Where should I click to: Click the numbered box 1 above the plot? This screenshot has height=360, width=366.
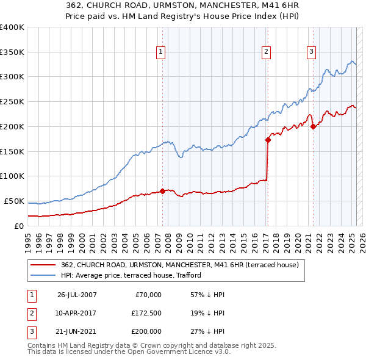click(160, 52)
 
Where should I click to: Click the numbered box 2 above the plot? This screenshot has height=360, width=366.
click(267, 52)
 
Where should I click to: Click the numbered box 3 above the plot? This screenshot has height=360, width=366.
click(311, 52)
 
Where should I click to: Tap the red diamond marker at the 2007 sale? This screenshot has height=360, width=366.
click(162, 190)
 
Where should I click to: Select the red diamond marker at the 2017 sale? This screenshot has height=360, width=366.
click(268, 140)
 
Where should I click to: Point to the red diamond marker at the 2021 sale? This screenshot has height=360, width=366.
click(313, 127)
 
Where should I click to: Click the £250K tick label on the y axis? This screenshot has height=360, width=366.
click(12, 101)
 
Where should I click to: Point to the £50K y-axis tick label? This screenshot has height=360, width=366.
click(14, 201)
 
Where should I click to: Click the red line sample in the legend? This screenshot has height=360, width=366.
click(42, 265)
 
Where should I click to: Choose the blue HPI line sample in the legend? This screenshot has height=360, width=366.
click(42, 275)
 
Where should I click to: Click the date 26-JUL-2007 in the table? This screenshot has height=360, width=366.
click(77, 295)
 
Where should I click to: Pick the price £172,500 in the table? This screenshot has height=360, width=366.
click(146, 313)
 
